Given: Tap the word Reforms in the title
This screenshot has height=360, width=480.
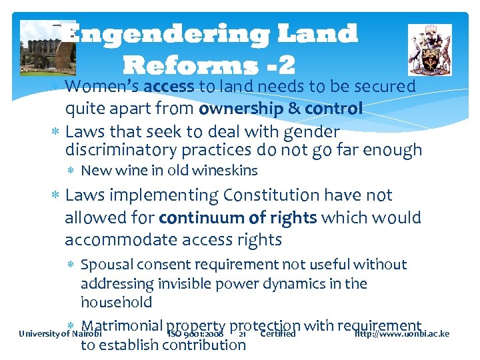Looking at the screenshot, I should point(189,64).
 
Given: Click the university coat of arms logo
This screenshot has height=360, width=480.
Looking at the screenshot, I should point(429,49).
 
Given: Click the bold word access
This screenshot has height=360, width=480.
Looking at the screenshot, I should point(168,87).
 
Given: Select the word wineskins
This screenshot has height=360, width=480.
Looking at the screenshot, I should point(225,171).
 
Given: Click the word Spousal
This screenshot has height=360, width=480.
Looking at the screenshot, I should point(106,265).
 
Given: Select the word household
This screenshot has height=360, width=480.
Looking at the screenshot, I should point(116,302).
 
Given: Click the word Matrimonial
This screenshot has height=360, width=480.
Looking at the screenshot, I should point(122,326).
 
